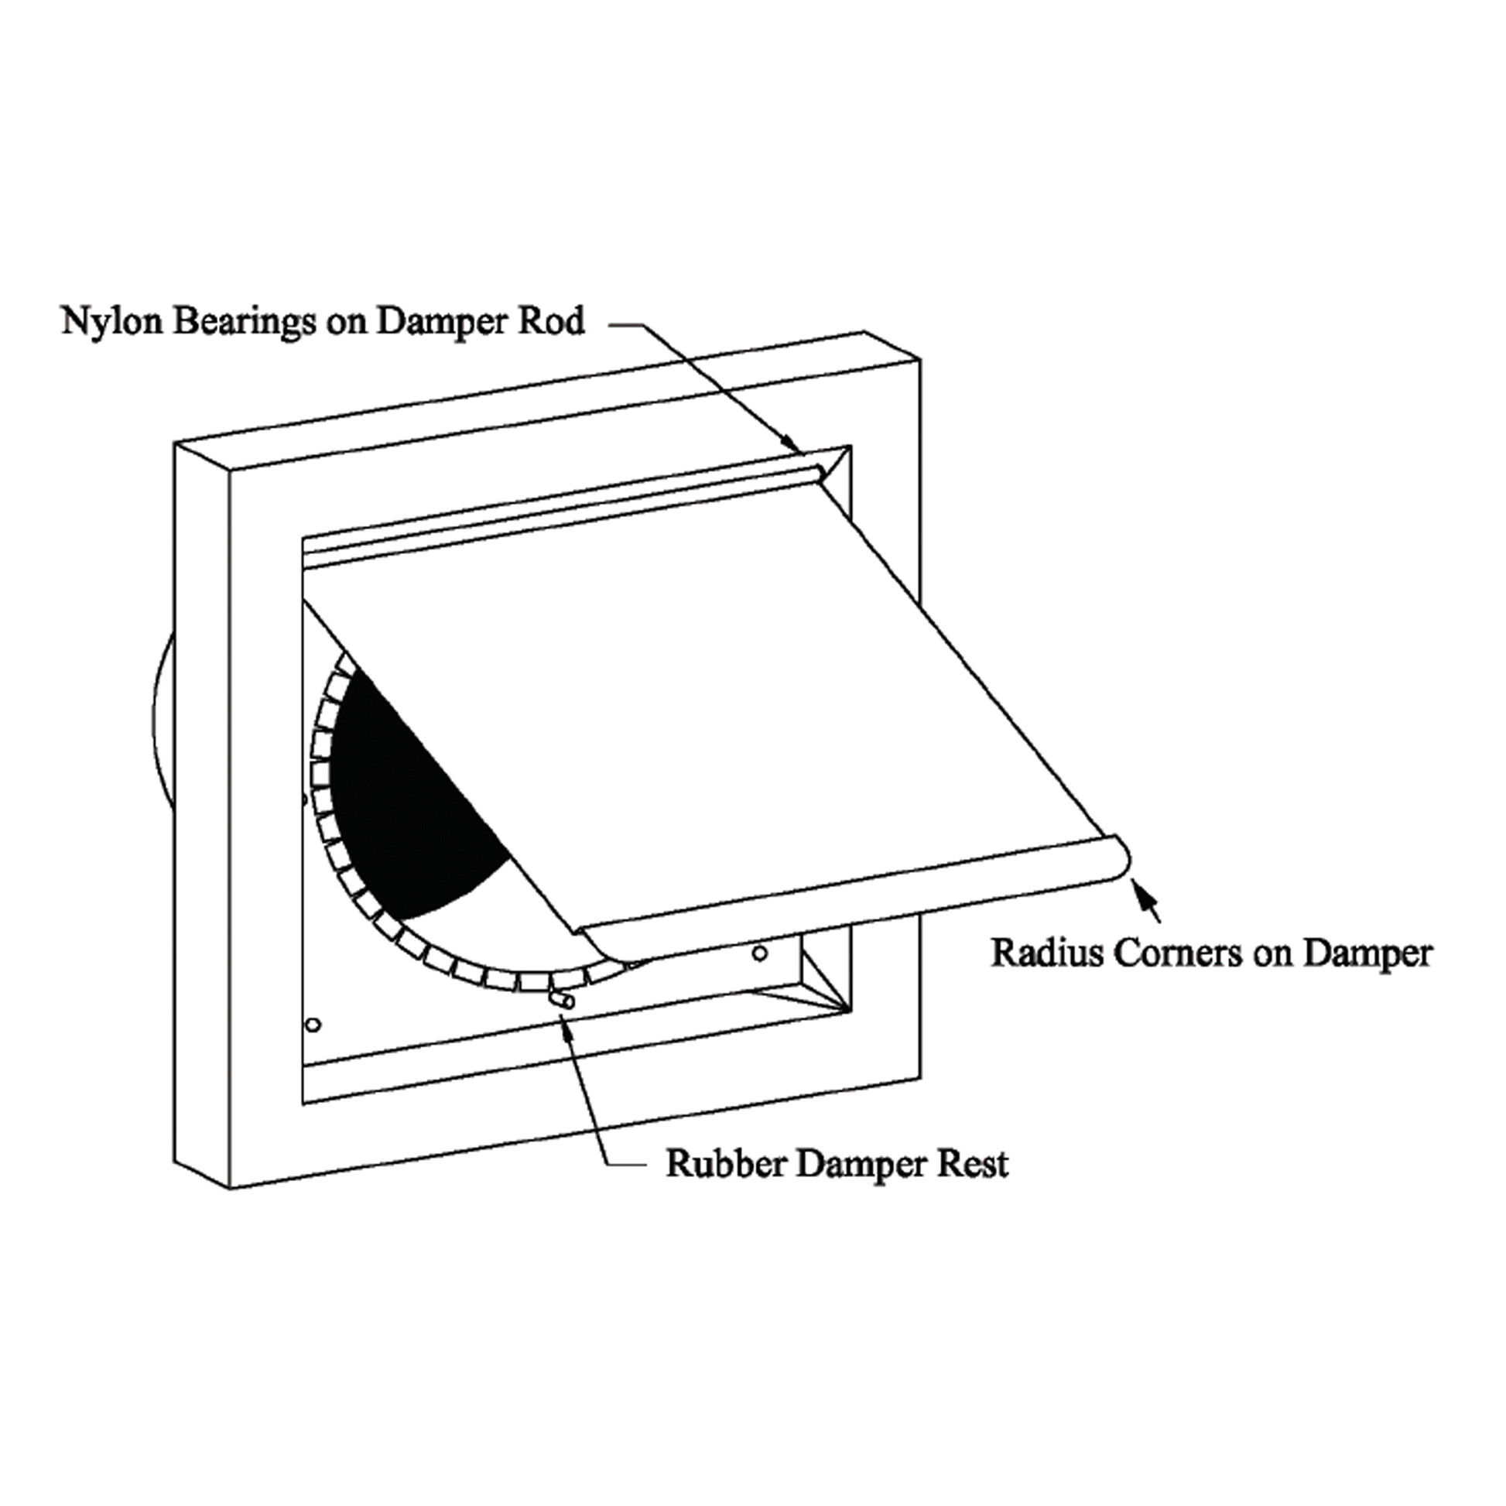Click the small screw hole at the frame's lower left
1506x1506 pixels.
(x=313, y=1024)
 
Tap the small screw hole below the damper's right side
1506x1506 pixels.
(x=760, y=953)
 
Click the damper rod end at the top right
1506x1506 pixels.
(x=819, y=471)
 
